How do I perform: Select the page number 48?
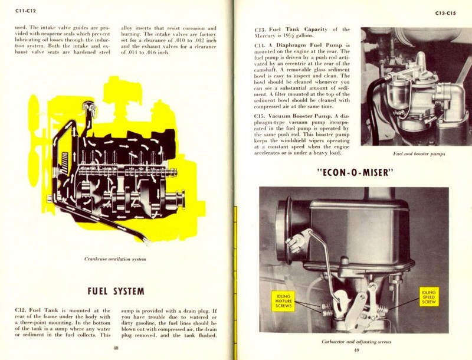point(116,348)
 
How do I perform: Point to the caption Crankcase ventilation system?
point(116,258)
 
